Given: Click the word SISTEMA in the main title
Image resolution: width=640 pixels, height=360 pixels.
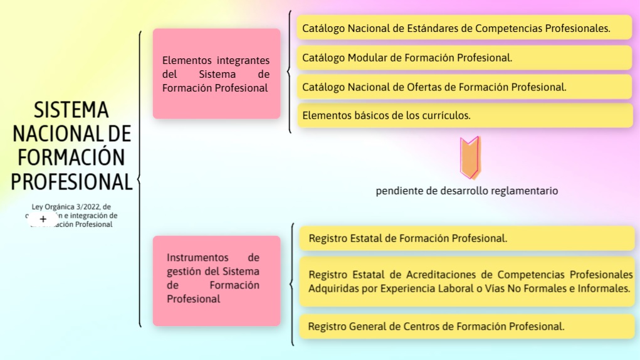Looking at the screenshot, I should [x=71, y=110].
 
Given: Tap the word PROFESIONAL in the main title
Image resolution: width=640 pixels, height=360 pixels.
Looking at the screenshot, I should [x=71, y=182].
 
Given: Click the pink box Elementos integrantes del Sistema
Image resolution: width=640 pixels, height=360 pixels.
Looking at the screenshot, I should [x=216, y=74].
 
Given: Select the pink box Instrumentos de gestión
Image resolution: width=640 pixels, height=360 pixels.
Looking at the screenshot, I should [x=216, y=281].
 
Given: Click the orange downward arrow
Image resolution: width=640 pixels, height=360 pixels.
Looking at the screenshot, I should [x=469, y=158].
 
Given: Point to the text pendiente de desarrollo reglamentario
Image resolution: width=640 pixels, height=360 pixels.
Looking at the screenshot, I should [x=466, y=191].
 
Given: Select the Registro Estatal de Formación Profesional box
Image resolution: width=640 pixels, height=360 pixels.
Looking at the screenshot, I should [x=467, y=238].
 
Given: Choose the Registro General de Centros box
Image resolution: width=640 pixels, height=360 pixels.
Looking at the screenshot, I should [x=467, y=326].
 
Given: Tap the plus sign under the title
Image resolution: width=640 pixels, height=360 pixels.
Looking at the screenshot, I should [x=43, y=219].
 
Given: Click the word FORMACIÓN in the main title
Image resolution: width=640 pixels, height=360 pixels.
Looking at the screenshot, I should [x=71, y=157].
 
